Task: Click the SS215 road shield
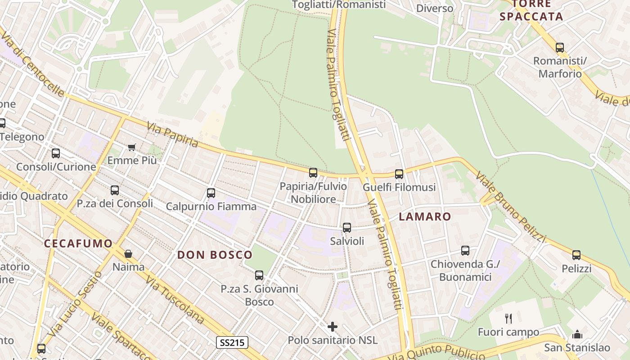(x=232, y=342)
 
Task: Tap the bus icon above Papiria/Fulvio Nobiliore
(x=313, y=172)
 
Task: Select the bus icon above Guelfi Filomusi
(x=399, y=174)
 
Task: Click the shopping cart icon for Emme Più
(x=132, y=147)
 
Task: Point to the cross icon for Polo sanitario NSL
(x=333, y=326)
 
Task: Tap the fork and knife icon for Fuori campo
(x=508, y=319)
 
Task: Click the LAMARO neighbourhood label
(x=425, y=216)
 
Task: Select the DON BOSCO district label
(x=215, y=255)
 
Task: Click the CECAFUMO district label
(x=78, y=243)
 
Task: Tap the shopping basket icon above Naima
(x=128, y=254)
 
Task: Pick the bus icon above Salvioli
(x=346, y=228)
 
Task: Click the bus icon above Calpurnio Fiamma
(x=211, y=193)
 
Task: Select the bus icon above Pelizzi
(x=576, y=255)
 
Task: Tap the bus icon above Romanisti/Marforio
(x=560, y=47)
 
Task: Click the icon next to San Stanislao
(x=577, y=334)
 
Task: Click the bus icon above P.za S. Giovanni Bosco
(x=259, y=275)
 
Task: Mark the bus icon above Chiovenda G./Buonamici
(x=465, y=251)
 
